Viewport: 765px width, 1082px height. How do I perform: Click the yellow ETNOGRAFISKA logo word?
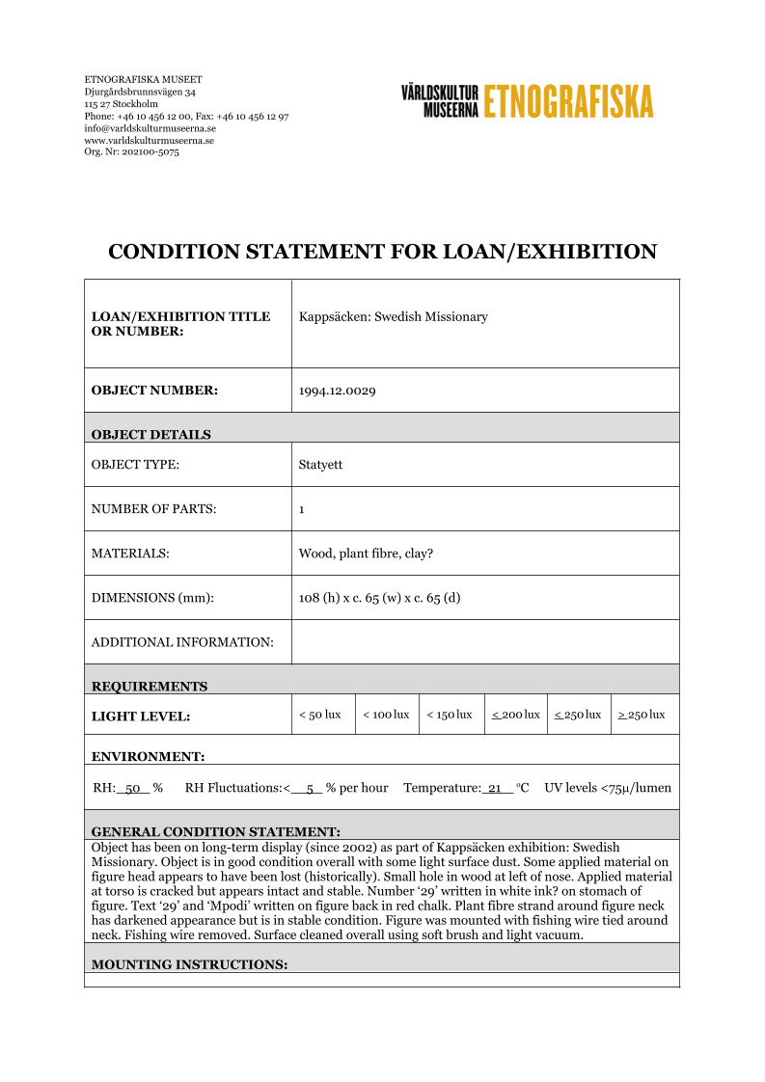(568, 101)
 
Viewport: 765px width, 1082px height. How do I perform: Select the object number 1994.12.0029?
(337, 391)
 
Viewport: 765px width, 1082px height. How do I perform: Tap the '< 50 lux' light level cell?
(320, 715)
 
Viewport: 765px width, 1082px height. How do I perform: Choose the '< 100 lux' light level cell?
(386, 715)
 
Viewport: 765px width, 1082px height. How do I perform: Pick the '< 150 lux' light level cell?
(450, 715)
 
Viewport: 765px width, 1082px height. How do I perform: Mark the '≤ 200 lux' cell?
(515, 715)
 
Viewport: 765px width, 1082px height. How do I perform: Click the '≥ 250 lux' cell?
(642, 715)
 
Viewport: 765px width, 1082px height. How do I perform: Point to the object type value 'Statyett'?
(320, 465)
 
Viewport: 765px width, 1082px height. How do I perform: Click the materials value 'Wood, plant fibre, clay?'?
(366, 554)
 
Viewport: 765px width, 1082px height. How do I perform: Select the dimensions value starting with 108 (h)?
(379, 598)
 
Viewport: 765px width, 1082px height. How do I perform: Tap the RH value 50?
(134, 788)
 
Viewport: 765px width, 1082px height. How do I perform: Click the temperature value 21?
(497, 788)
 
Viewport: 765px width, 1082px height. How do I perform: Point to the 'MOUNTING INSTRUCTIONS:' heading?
(189, 964)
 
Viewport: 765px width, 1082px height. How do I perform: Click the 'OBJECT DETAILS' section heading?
(150, 435)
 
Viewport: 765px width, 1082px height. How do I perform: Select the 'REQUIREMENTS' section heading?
(149, 687)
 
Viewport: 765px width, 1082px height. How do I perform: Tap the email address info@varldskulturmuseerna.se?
(150, 128)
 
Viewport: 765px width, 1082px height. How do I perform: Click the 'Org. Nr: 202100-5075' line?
(131, 151)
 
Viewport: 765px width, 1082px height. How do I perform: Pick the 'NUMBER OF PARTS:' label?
(153, 509)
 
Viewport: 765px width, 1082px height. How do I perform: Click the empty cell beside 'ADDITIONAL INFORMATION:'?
(484, 642)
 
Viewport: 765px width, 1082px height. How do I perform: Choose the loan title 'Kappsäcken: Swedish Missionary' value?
(393, 316)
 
